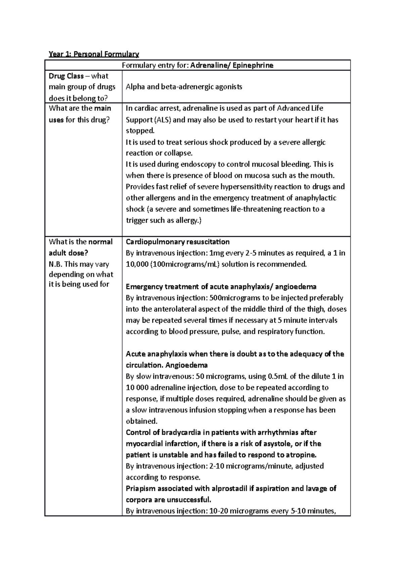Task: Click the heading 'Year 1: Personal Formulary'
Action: tap(94, 54)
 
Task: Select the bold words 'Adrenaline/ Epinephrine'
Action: tap(232, 65)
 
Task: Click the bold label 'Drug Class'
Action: tap(66, 76)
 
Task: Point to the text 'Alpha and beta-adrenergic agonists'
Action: tap(184, 87)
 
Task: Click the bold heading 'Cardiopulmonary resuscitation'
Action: tap(178, 242)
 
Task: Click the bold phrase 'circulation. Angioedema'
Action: tap(167, 365)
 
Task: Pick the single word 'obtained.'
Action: tap(141, 421)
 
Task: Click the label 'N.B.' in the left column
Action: tap(56, 264)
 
